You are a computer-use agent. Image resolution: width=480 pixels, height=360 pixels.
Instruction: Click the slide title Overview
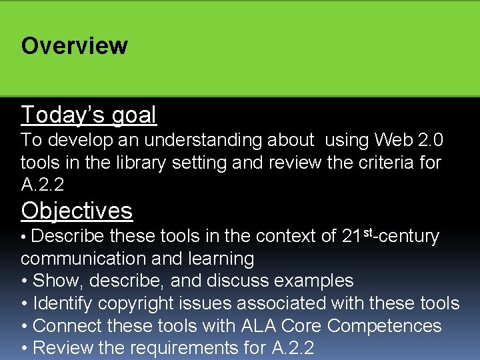(x=74, y=46)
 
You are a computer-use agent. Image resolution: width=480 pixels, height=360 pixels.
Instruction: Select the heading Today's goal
(x=89, y=115)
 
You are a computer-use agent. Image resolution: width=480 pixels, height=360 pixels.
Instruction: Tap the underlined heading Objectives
(x=77, y=211)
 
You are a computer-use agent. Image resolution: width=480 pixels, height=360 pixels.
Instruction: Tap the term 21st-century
(x=390, y=236)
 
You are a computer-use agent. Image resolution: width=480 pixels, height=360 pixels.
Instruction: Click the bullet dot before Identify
(x=25, y=304)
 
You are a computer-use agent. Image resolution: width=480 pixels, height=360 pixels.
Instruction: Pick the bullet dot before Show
(x=25, y=281)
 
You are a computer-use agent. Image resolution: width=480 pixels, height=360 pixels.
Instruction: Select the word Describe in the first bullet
(x=67, y=236)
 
